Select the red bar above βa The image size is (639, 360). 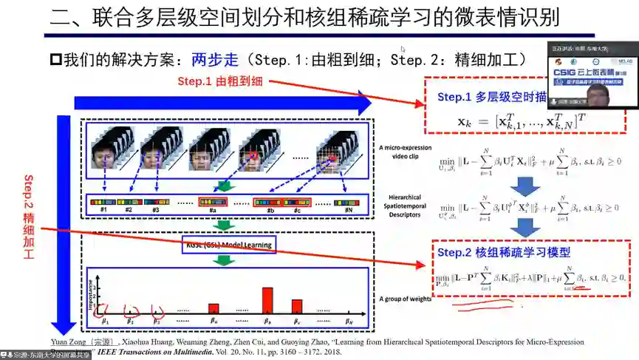pyautogui.click(x=213, y=308)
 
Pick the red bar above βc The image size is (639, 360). pyautogui.click(x=296, y=306)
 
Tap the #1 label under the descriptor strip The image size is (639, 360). pyautogui.click(x=104, y=211)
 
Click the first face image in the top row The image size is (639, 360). pyautogui.click(x=104, y=157)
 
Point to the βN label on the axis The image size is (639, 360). pyautogui.click(x=349, y=322)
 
